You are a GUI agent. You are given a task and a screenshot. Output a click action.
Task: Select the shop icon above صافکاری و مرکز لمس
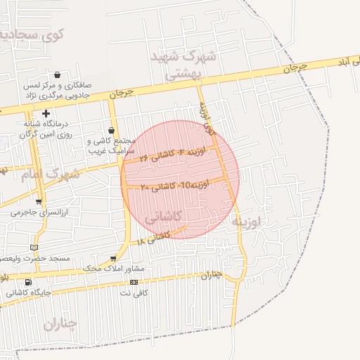(57, 75)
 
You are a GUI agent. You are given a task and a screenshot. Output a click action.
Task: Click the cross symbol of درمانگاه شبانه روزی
(46, 113)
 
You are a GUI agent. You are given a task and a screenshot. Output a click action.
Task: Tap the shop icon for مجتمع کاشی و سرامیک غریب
(111, 130)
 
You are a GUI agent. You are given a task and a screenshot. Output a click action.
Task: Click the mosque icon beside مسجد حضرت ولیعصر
(35, 247)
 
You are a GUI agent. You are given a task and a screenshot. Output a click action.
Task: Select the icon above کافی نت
(134, 282)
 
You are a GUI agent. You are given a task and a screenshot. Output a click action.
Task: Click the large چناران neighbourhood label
(60, 323)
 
